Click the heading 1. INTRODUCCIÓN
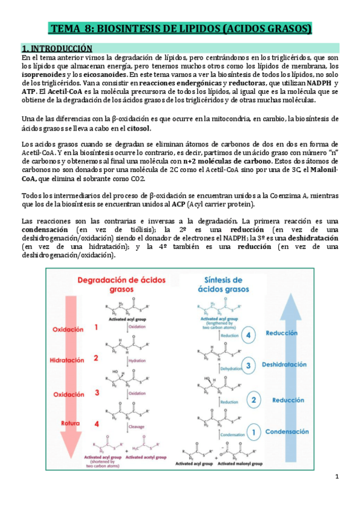(56, 48)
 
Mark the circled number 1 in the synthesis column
(254, 431)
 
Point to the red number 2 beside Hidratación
(95, 358)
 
